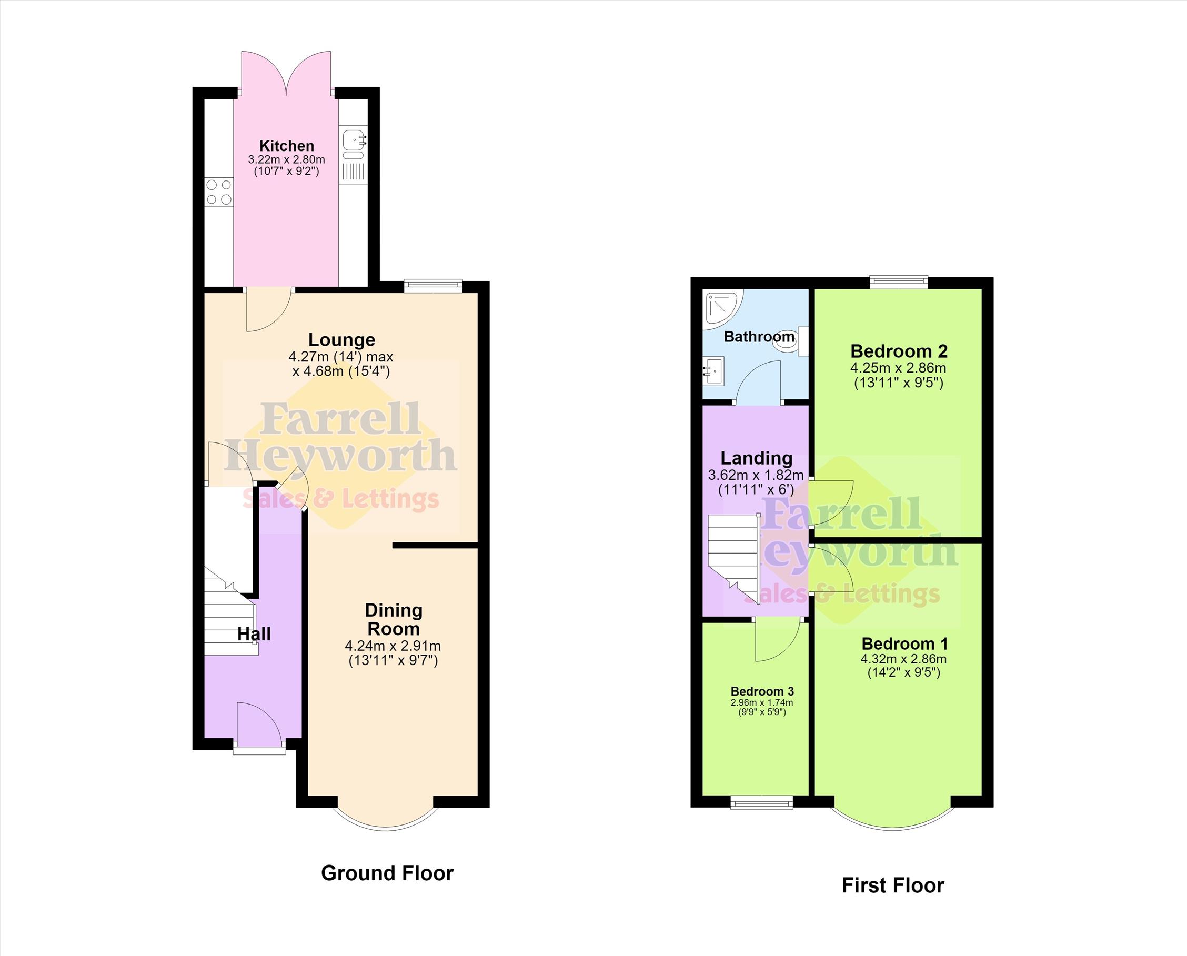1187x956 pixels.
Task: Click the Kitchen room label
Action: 287,146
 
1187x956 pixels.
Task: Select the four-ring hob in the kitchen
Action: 218,192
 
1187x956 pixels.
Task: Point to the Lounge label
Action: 341,340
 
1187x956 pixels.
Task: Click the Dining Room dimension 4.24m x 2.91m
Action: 393,646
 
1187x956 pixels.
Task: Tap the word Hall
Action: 254,634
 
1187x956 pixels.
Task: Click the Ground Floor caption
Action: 387,873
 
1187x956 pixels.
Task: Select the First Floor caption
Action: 892,885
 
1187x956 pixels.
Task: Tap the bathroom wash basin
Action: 713,370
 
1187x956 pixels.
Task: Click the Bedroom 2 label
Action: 899,351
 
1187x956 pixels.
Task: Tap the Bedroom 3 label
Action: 762,691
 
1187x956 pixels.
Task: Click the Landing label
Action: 757,458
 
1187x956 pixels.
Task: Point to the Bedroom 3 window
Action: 761,802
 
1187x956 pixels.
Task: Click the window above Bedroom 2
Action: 899,282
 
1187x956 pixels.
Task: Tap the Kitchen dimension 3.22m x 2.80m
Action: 286,160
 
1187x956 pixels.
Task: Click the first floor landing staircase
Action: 733,557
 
